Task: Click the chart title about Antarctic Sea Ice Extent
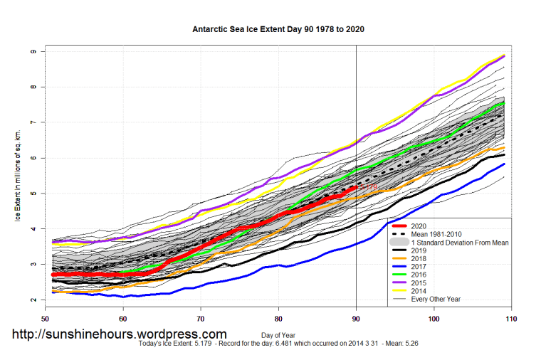click(278, 30)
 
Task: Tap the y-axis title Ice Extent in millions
click(17, 175)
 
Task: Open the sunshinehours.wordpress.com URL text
click(118, 334)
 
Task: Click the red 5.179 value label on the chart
click(369, 187)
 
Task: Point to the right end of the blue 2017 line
click(504, 164)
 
